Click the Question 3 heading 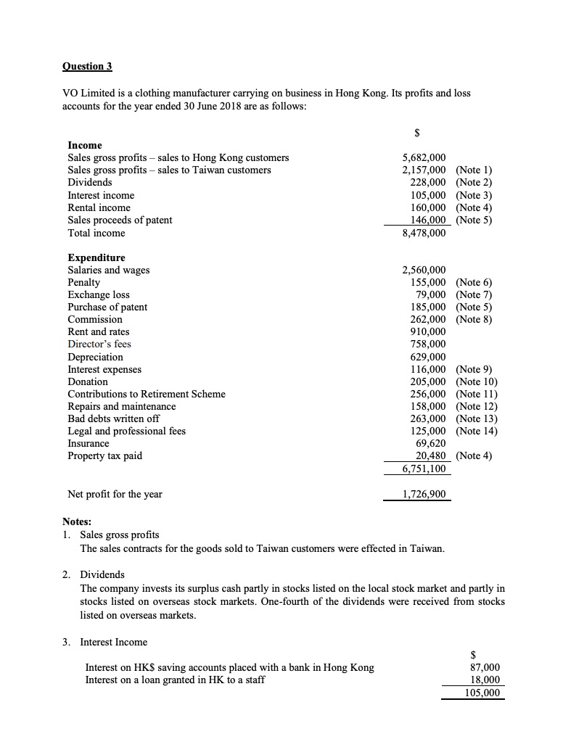coord(87,67)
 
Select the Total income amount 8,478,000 coord(424,233)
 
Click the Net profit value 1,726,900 coord(424,495)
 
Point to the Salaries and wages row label coord(109,270)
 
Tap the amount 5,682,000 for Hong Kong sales coord(424,157)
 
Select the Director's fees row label coord(99,344)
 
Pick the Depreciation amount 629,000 coord(428,357)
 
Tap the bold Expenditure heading coord(96,257)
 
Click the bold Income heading coord(85,145)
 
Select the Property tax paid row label coord(104,455)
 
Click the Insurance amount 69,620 coord(431,443)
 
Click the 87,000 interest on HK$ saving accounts coord(485,667)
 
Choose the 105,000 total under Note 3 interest coord(482,693)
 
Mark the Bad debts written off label coord(113,418)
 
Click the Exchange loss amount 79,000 coord(431,294)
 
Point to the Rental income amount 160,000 coord(428,207)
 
